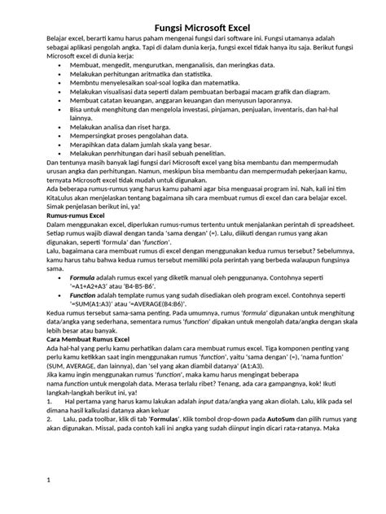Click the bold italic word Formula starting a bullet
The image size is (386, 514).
[x=82, y=278]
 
